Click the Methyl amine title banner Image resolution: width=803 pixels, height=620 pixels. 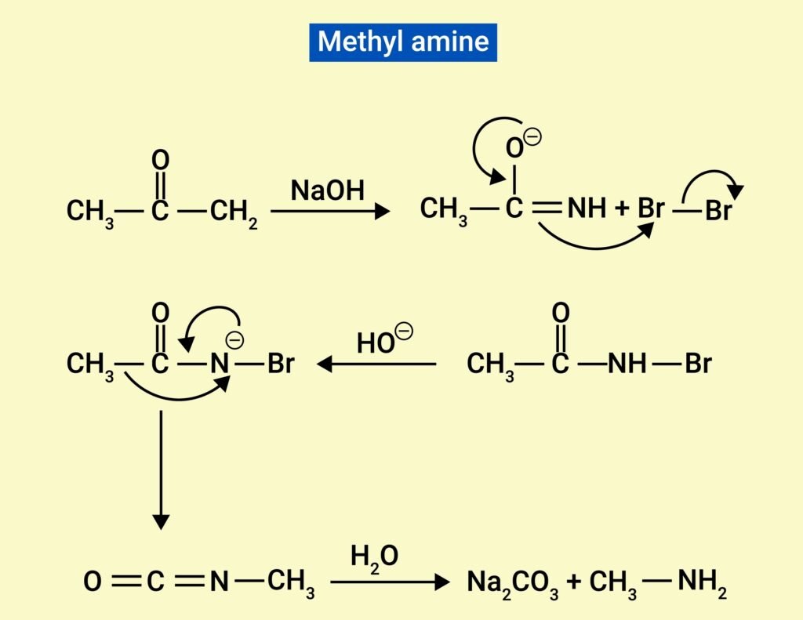[x=403, y=42]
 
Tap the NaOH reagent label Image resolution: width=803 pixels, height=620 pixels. [x=328, y=190]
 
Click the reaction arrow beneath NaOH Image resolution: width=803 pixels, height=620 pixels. [x=330, y=211]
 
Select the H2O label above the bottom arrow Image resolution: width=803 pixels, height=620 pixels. [x=374, y=558]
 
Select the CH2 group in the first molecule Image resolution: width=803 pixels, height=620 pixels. [x=234, y=212]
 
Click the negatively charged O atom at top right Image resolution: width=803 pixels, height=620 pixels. [x=514, y=147]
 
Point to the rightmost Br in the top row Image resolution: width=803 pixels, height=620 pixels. [x=718, y=212]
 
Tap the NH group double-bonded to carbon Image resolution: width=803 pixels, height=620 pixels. [x=587, y=209]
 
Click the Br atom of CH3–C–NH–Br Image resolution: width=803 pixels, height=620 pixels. [x=698, y=364]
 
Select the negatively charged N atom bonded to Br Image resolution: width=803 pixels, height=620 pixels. [x=220, y=364]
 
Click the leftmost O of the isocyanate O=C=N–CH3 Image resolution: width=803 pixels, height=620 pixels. [x=93, y=582]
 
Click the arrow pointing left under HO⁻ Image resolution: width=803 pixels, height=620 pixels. [x=376, y=364]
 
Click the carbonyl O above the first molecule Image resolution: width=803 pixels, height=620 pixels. [x=160, y=161]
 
